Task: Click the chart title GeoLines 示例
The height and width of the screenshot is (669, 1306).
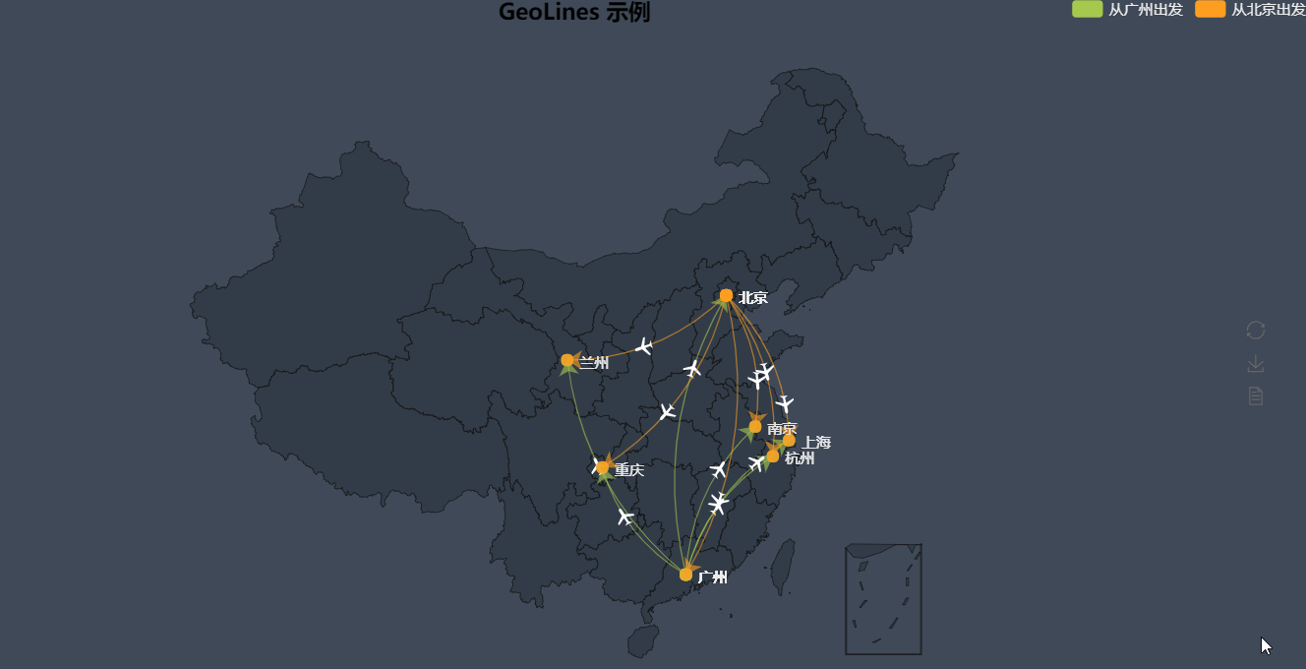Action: (x=573, y=13)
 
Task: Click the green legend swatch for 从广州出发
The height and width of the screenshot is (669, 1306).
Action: (x=1087, y=10)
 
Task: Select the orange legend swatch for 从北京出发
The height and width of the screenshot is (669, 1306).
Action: (x=1211, y=10)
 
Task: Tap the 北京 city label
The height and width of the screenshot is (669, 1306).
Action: (x=753, y=297)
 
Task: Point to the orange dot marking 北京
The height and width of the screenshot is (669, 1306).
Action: (x=726, y=295)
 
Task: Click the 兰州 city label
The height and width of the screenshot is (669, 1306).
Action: (x=594, y=363)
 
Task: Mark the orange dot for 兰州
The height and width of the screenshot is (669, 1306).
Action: (x=567, y=360)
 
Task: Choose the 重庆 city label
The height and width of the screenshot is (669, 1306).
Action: (x=629, y=470)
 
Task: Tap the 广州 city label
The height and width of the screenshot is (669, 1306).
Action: (x=713, y=578)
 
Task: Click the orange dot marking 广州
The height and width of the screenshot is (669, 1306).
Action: (x=685, y=575)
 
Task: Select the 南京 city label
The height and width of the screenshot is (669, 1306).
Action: (x=782, y=429)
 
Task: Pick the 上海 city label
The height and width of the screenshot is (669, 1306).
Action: (x=816, y=442)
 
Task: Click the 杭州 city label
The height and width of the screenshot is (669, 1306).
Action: (x=800, y=457)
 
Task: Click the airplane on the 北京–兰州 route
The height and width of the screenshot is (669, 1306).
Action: (x=644, y=346)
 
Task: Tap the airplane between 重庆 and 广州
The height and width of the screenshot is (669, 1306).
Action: (x=625, y=517)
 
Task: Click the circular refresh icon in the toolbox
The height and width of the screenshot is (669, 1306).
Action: (x=1256, y=331)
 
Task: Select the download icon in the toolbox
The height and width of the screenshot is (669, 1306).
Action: (x=1256, y=364)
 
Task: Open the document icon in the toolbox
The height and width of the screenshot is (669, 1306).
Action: (x=1256, y=396)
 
